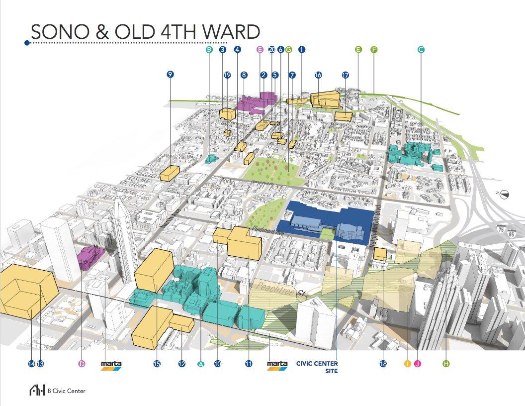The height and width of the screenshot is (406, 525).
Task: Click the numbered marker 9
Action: (171, 74)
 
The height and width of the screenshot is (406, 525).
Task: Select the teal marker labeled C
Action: (421, 49)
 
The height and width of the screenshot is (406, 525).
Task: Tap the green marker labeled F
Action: (374, 49)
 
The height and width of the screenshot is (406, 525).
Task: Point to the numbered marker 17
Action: (346, 75)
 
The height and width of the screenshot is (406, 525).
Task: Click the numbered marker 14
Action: (32, 364)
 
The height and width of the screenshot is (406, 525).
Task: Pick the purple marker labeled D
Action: (82, 364)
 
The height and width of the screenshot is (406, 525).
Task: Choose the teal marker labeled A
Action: (201, 364)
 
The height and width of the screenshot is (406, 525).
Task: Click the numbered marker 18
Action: (383, 364)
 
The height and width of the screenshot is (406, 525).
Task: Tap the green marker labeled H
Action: (446, 364)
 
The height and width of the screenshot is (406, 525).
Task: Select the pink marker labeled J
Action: (418, 364)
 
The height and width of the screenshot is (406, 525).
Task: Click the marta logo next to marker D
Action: (111, 365)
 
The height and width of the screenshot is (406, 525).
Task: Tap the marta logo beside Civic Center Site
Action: (277, 365)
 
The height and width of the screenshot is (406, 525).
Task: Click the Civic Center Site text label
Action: (317, 367)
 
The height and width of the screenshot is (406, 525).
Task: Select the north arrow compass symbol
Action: (504, 195)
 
